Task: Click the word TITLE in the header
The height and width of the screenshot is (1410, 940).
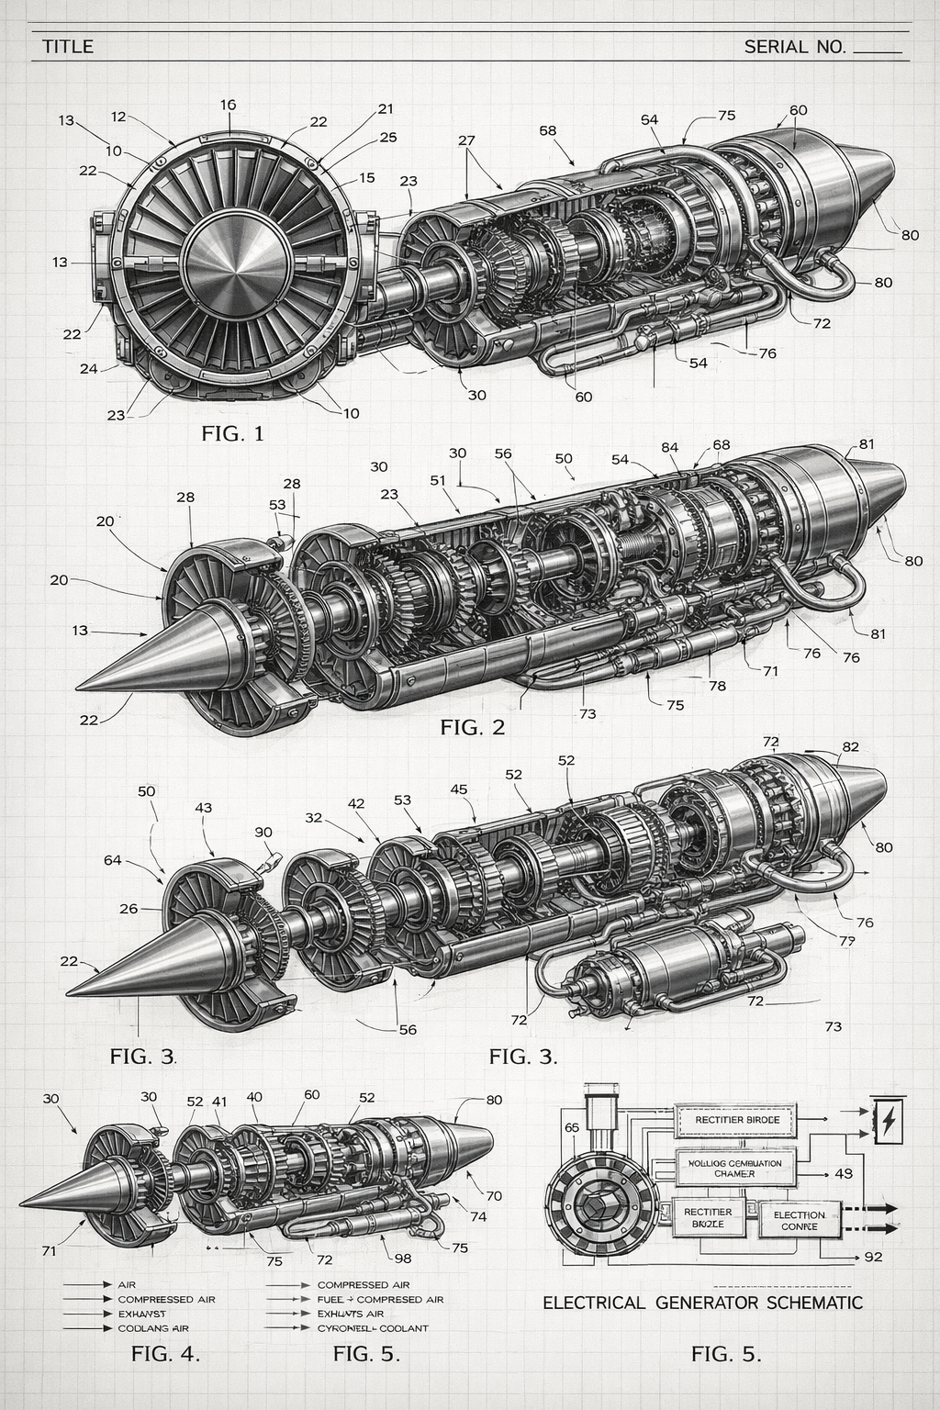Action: [x=68, y=46]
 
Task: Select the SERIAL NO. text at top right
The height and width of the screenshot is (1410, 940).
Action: [x=795, y=46]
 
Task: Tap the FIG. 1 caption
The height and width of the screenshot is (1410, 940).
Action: [x=232, y=433]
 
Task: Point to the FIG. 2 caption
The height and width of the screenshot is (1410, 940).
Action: [x=472, y=728]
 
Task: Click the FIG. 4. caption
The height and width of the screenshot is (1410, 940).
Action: [x=165, y=1353]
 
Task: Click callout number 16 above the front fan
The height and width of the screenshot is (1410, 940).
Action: [x=228, y=105]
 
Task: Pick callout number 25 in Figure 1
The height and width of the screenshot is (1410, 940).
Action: [x=387, y=138]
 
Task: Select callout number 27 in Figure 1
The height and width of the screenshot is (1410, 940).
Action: [x=466, y=140]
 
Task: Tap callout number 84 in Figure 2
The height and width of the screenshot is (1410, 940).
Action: [x=670, y=447]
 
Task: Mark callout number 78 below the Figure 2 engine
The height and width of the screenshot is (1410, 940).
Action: [x=717, y=686]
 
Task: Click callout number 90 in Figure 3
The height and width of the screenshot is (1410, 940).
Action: [x=263, y=832]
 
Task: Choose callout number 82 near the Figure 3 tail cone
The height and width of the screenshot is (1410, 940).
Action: [x=850, y=746]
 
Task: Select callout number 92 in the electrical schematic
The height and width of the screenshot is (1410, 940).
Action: [x=873, y=1257]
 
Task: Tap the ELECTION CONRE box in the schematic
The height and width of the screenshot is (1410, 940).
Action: [x=800, y=1220]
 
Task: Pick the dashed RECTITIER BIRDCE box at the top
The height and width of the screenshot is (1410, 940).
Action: [x=737, y=1120]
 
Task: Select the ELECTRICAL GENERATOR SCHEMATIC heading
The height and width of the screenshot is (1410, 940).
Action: [x=702, y=1303]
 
